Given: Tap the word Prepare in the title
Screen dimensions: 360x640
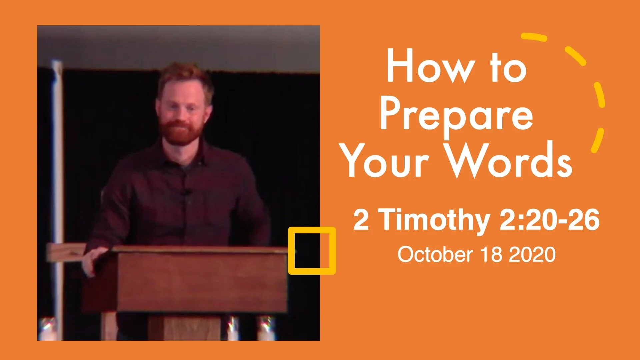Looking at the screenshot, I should (x=457, y=115).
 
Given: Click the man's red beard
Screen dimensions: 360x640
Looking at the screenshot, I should (x=180, y=132).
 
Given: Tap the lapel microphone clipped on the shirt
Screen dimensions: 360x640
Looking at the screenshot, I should (x=185, y=192).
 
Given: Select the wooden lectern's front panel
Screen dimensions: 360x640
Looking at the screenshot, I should (x=202, y=282).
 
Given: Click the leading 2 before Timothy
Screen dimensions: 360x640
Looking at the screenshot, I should (x=361, y=220).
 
